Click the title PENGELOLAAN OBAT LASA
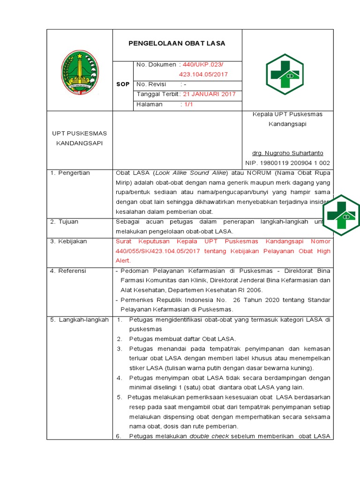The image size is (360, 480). coord(177,43)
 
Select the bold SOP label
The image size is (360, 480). coord(122,84)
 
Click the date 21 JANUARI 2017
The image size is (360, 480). coord(209,94)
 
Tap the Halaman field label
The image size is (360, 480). coord(149,105)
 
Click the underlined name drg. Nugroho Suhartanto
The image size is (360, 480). coord(287,153)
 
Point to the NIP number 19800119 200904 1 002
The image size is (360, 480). coord(287,163)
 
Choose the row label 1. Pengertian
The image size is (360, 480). coord(71,173)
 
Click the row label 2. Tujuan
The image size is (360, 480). coord(65,221)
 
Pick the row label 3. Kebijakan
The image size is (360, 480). coord(69,241)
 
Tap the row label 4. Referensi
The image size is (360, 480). coord(68,271)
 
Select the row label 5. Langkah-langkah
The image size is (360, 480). coord(79,320)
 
